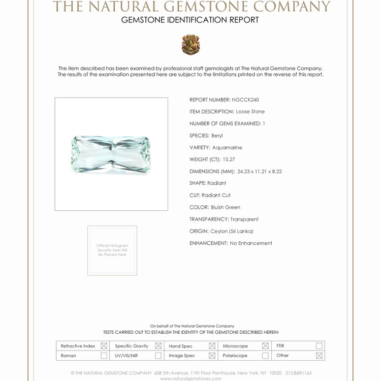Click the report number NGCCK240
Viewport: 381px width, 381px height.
245,100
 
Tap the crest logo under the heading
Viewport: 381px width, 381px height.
190,45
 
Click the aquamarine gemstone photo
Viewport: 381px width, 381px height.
111,154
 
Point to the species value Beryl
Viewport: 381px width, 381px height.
217,136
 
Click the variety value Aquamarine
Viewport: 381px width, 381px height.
227,147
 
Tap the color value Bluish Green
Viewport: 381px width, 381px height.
226,207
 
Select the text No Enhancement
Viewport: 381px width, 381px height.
251,243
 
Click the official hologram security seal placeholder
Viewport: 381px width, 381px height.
112,250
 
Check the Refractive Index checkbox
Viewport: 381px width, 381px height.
104,346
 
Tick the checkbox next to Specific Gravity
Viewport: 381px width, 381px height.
158,346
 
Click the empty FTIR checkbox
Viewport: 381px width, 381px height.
319,346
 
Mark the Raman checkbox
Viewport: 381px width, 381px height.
104,356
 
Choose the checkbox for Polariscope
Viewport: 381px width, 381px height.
265,356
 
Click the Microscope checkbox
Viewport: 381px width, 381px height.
265,346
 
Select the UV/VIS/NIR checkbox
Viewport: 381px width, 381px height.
158,356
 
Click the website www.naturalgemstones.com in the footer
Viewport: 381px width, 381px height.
190,378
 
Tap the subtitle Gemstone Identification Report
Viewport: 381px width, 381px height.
190,20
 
